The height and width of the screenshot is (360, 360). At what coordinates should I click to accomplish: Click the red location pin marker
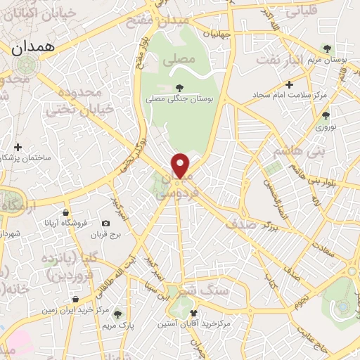181,165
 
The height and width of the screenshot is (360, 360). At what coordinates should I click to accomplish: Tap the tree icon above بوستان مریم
327,47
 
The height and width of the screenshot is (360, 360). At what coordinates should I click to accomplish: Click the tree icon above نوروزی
325,115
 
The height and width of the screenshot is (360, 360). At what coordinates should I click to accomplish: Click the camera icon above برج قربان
105,223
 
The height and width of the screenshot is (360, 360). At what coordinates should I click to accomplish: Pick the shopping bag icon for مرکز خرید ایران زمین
75,299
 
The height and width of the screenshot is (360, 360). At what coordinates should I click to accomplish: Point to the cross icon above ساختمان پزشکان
18,147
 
